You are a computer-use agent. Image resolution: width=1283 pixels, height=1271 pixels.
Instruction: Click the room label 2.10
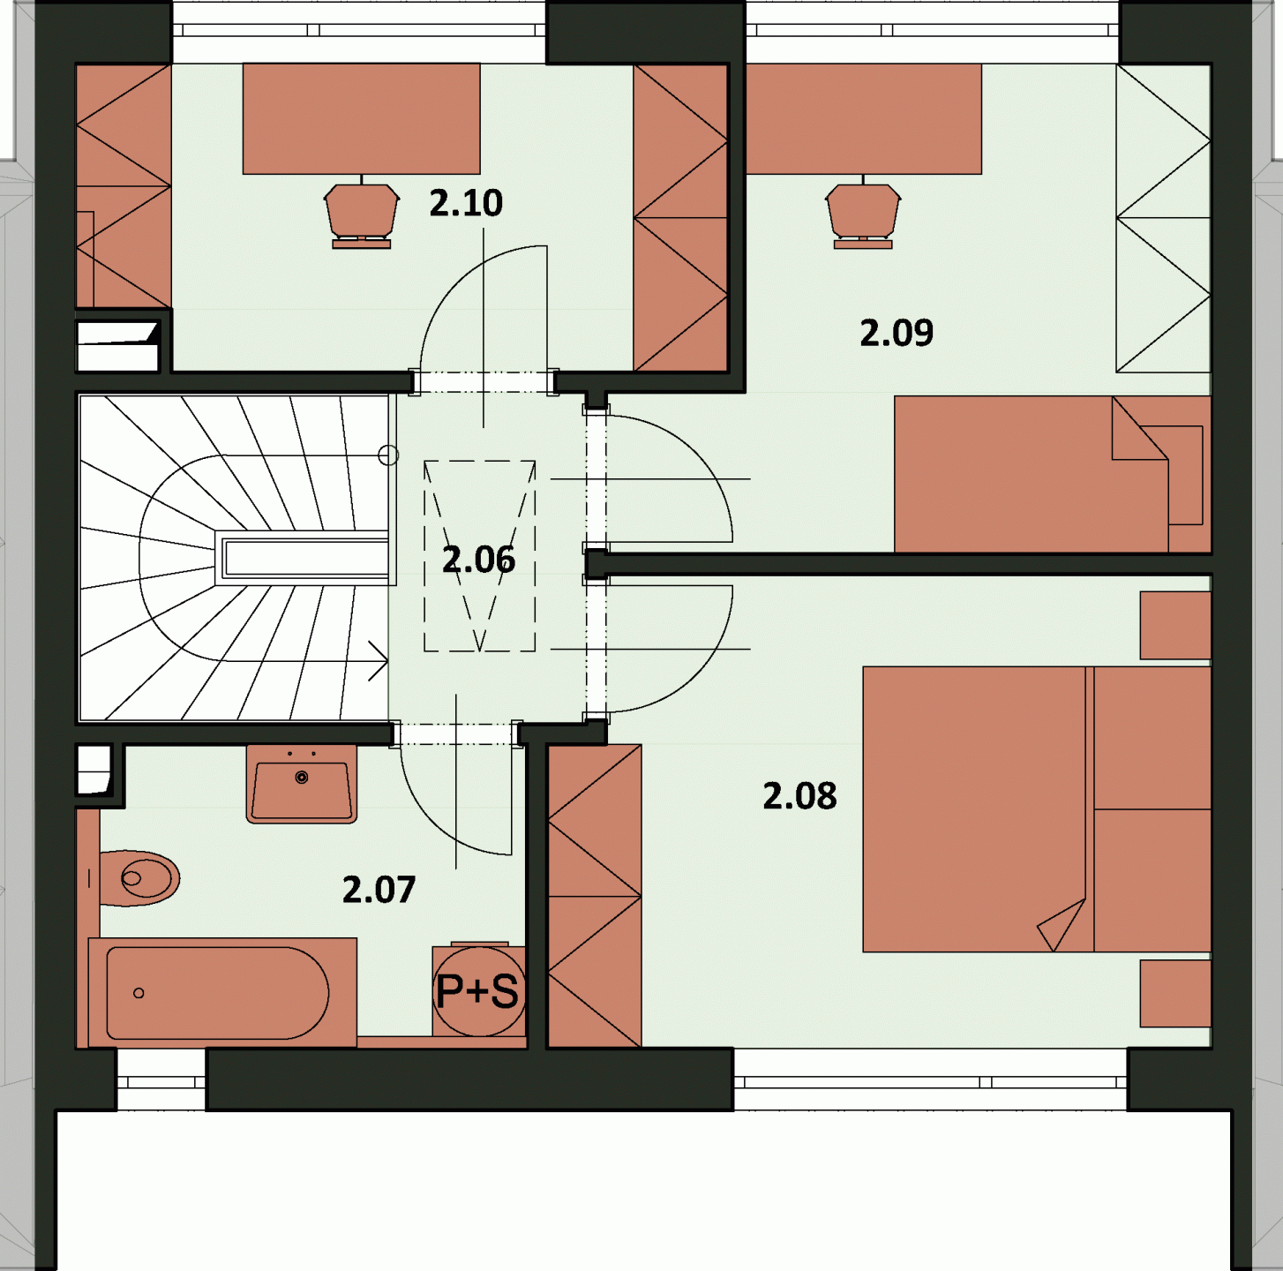tap(465, 203)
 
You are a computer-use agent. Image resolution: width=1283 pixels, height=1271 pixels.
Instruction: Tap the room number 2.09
tap(897, 333)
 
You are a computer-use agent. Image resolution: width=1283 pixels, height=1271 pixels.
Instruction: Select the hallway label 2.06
tap(479, 560)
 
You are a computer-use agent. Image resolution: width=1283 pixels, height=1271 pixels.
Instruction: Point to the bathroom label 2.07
tap(379, 890)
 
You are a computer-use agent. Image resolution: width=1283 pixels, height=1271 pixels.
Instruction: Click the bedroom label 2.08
tap(799, 796)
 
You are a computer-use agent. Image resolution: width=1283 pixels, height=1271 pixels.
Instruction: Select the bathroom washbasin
tap(302, 784)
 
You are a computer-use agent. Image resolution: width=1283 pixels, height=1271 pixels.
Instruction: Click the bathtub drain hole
tap(139, 993)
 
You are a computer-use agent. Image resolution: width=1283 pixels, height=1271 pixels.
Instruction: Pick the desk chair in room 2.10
tap(362, 214)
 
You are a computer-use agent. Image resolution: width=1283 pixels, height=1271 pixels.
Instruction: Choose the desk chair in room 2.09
tap(863, 214)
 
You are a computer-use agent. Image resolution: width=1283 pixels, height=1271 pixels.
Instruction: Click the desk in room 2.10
tap(362, 118)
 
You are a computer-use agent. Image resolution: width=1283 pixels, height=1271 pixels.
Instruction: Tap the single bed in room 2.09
tap(1052, 474)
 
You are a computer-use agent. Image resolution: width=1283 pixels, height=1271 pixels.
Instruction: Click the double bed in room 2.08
tap(1037, 809)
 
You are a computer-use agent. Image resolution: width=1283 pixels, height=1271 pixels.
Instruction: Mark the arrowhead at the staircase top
tap(379, 662)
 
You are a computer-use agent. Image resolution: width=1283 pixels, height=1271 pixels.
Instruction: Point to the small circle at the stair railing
tap(388, 455)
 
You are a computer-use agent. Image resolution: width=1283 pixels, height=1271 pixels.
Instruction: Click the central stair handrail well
tap(305, 558)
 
